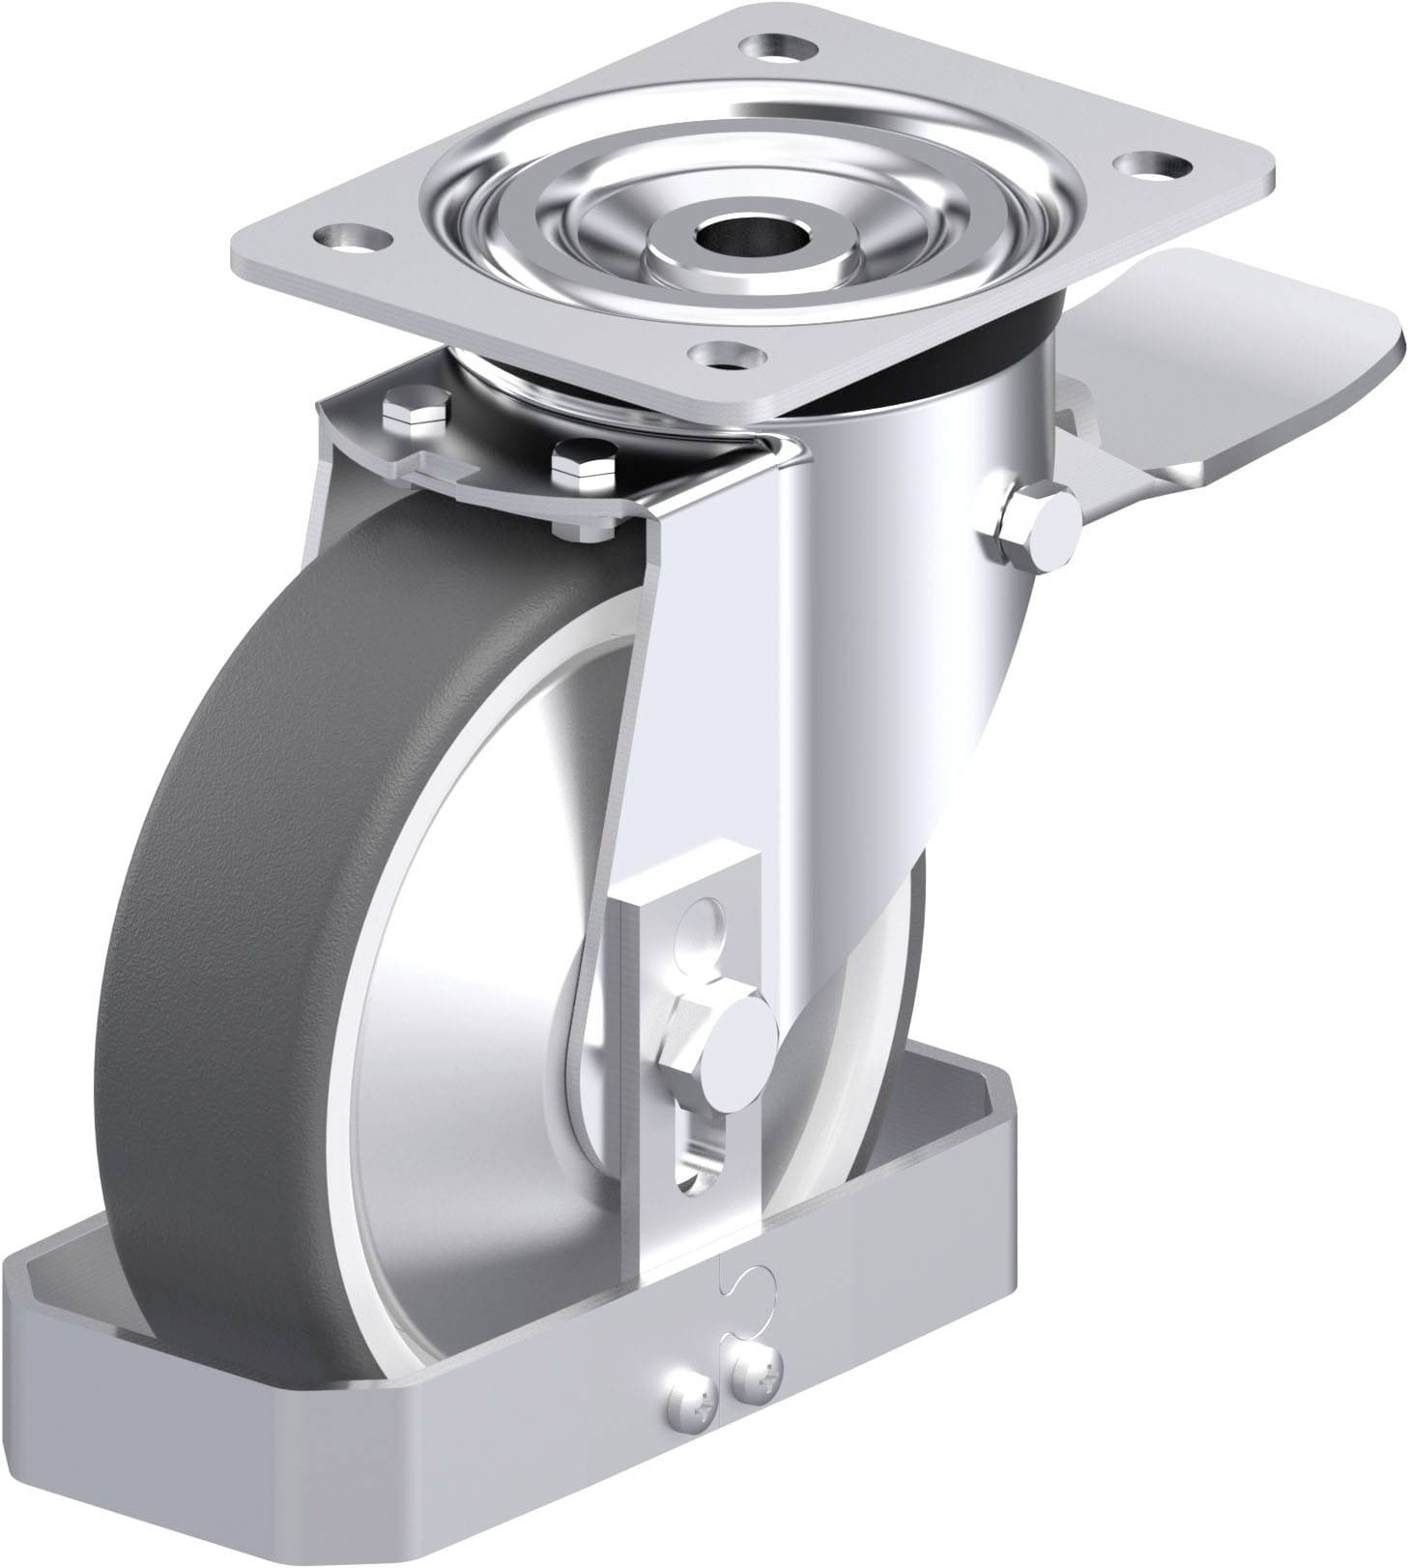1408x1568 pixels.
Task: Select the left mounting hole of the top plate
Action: click(x=345, y=235)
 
